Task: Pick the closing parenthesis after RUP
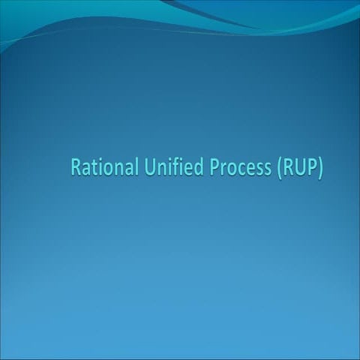tap(320, 167)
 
